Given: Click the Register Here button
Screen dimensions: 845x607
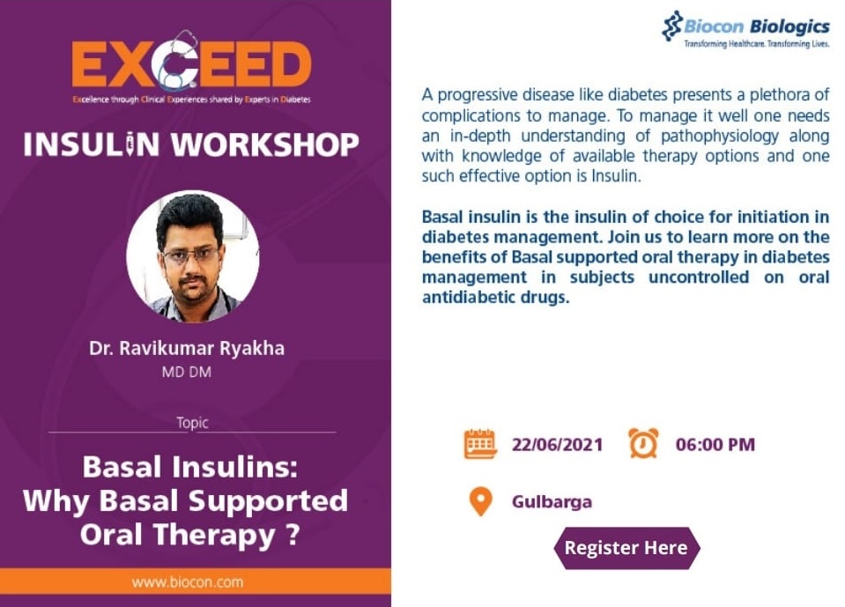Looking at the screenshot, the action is [626, 548].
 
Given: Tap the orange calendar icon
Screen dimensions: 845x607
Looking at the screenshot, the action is [480, 444].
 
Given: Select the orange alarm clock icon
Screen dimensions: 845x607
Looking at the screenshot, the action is [643, 443].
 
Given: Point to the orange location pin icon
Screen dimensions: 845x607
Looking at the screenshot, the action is [481, 502].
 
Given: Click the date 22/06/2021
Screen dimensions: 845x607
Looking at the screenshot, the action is [557, 444].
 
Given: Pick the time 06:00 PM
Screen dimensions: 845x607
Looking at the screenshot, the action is [715, 444].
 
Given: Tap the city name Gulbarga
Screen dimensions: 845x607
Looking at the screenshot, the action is [552, 502].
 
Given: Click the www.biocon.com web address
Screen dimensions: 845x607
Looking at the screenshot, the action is [188, 582].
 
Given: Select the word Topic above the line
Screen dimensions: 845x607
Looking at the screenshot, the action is [192, 423].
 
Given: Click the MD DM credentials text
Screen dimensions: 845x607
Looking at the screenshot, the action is [187, 372].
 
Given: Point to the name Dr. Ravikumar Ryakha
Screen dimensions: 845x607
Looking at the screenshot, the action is [187, 349].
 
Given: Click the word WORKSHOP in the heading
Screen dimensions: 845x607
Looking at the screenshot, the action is [265, 144].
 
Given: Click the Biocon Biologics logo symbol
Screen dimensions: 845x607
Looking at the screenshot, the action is [672, 26].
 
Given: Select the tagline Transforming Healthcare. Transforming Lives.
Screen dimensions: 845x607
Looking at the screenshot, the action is [757, 44].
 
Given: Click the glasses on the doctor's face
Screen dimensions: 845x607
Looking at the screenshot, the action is [191, 255].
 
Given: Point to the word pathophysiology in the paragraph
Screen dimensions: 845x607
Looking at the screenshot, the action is [719, 136].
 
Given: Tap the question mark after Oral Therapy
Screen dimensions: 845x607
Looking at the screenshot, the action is [292, 535].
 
